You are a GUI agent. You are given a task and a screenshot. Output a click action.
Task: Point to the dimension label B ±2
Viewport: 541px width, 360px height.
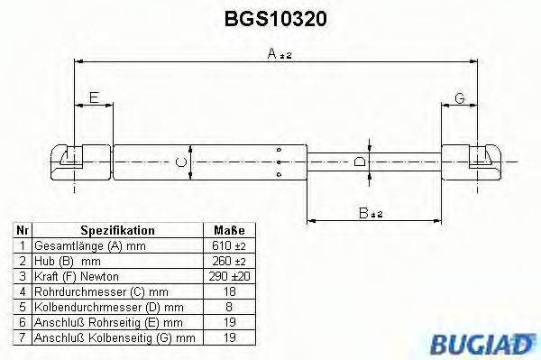click(x=371, y=214)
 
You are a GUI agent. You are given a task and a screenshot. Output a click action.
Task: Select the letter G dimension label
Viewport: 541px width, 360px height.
click(x=458, y=97)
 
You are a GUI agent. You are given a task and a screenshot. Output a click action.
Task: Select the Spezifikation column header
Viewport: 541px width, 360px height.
click(x=117, y=231)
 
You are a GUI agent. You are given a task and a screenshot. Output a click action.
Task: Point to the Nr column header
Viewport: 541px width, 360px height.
click(x=22, y=231)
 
